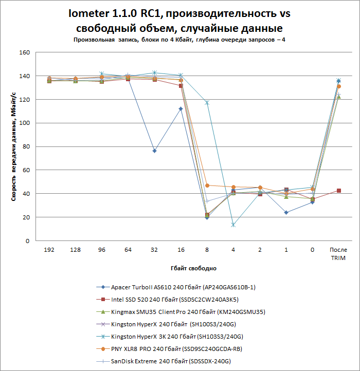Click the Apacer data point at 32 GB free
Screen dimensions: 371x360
[154, 151]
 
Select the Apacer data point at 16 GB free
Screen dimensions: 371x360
[181, 109]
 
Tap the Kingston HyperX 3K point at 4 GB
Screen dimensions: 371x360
[233, 225]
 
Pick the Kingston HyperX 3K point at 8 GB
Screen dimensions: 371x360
[207, 103]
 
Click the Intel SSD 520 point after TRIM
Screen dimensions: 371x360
[338, 191]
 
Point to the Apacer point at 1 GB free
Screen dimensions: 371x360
[286, 212]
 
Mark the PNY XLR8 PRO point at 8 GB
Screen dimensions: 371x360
[207, 185]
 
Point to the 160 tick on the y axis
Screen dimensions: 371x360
[25, 52]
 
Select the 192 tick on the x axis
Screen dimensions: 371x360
[49, 249]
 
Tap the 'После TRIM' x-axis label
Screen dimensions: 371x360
[338, 253]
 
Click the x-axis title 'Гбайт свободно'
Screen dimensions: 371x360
[193, 268]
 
